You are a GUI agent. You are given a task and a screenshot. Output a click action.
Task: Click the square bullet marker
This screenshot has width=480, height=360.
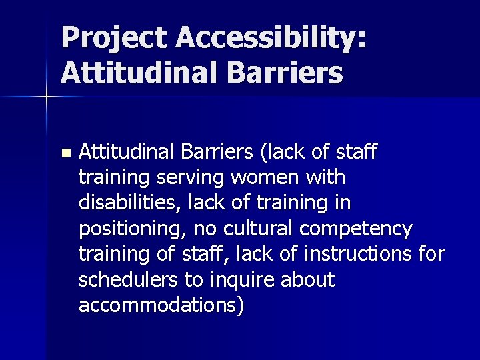pos(64,153)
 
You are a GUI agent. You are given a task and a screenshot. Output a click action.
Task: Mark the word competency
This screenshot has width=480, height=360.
pos(357,229)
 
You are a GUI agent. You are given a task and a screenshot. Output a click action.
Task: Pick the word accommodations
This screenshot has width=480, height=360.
pos(159,305)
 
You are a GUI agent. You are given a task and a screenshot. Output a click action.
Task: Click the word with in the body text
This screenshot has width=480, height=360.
pos(327,177)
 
